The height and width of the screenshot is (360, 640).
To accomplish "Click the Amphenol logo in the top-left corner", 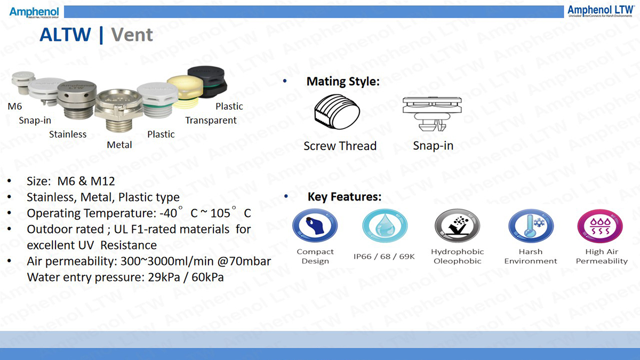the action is point(34,12).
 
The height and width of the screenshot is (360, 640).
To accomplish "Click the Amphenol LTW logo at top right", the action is point(601,11).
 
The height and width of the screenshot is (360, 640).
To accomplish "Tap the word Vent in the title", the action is point(132,35).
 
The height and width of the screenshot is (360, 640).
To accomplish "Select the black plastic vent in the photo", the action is point(207,82).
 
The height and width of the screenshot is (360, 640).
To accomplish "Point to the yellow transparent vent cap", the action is point(185,91).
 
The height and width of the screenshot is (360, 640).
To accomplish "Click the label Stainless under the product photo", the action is point(68,134).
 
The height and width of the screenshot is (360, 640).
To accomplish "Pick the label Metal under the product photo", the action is point(119,145).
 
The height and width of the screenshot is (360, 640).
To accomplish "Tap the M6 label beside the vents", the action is point(15,106).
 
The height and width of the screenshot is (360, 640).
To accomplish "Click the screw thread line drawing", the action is point(337,111).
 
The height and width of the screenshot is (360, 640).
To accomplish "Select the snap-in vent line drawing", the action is point(432,114).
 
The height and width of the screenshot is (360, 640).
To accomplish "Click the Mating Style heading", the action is point(343,82).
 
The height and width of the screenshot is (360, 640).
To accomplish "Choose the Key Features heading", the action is point(345,197).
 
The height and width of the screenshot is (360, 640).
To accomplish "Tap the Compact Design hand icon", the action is point(315,226).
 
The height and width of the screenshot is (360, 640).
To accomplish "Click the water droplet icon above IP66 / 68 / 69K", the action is point(385,226).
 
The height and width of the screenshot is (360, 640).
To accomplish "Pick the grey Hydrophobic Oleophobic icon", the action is point(457,226).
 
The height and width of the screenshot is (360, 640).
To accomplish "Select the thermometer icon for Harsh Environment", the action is point(531,226).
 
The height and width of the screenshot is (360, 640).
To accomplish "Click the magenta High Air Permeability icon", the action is point(600,226).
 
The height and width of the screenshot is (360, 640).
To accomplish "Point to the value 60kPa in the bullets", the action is point(207,277).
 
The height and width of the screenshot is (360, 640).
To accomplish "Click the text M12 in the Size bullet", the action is point(102,181).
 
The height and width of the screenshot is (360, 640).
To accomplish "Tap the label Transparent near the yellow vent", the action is point(211,121).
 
